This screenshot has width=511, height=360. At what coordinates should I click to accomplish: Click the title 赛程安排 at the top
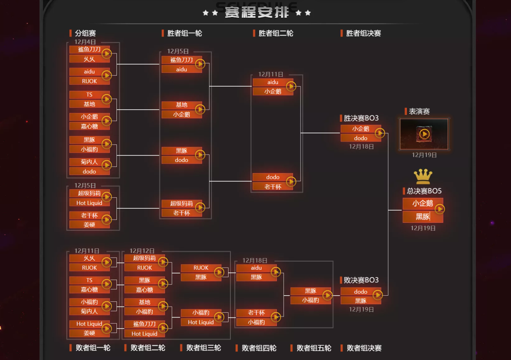(x=256, y=12)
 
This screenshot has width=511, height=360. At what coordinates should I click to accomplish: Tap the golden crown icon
(x=423, y=177)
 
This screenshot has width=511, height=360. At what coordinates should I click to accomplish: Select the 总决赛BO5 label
(x=424, y=191)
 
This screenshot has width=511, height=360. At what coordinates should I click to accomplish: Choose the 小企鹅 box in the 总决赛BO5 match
(x=423, y=204)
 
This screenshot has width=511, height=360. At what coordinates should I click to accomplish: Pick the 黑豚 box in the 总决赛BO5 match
(x=423, y=217)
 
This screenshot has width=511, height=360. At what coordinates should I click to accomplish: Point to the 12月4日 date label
(x=85, y=42)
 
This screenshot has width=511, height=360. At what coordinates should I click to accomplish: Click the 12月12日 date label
(x=142, y=251)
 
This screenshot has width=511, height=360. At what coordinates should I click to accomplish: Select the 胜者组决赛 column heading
(x=363, y=34)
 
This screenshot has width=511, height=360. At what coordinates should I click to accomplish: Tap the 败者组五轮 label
(x=314, y=348)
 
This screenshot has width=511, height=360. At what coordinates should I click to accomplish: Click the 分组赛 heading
(x=85, y=34)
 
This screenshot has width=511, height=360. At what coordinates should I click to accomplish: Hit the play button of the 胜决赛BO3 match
(x=379, y=133)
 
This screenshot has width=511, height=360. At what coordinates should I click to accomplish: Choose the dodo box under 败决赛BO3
(x=361, y=291)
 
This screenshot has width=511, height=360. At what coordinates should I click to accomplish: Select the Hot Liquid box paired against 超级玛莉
(x=89, y=203)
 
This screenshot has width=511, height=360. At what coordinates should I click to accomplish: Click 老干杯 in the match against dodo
(x=273, y=187)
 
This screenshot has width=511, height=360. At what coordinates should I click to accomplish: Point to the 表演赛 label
(x=419, y=112)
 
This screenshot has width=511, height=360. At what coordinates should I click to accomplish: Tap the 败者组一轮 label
(x=93, y=348)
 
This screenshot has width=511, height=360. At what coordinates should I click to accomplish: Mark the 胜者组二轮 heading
(x=275, y=34)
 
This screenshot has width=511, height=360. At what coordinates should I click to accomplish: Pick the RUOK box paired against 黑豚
(x=201, y=268)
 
